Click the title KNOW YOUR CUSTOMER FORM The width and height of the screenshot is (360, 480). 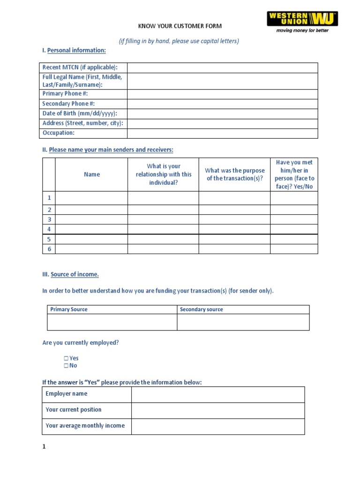tap(180, 26)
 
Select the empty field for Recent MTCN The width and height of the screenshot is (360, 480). tap(222, 67)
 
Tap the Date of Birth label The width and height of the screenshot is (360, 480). tap(79, 113)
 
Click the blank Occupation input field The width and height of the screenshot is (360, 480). tap(222, 133)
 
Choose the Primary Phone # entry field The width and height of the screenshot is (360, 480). tap(222, 94)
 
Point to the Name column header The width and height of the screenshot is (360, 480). tap(91, 174)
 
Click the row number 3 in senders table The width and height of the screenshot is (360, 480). tap(49, 219)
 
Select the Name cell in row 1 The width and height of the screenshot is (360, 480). tap(91, 198)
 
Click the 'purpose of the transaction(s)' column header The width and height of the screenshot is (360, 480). tap(234, 174)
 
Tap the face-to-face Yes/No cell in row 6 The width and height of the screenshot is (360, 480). tap(294, 249)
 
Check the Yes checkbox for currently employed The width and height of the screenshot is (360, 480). tap(66, 358)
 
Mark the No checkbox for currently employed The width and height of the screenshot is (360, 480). tap(66, 366)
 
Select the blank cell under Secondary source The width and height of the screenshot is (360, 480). tap(243, 322)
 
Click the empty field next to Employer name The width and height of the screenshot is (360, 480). tap(217, 394)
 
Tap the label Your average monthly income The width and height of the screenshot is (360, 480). tap(85, 426)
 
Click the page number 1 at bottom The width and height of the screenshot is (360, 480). tap(44, 447)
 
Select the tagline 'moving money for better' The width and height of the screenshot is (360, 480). tap(302, 30)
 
